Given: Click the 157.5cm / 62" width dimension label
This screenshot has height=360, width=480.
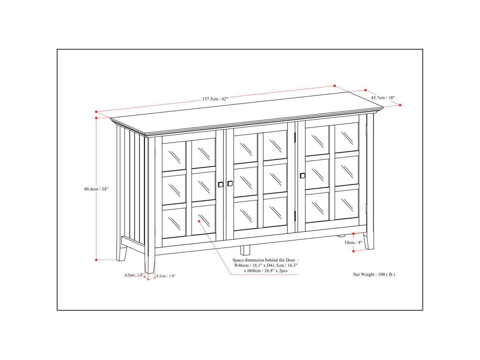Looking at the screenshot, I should tap(215, 98).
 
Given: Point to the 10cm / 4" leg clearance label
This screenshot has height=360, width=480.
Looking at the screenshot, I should tap(353, 242).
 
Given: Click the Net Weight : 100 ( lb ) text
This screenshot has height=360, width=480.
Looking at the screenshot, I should tap(374, 274).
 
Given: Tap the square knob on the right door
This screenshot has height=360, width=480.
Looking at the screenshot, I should tap(302, 175).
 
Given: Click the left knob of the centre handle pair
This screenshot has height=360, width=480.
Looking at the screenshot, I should tap(221, 184).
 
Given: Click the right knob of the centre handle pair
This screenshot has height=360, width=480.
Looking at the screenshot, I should tap(230, 184).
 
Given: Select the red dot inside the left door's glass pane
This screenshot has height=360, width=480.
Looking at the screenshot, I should tap(199, 220).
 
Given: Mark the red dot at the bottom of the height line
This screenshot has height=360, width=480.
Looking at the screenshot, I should tap(96, 260).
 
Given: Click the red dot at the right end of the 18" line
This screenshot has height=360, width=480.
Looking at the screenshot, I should tap(400, 105).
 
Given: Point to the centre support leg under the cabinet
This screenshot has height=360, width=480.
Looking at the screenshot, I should tap(245, 250).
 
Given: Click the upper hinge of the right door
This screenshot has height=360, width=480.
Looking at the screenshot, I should tap(295, 137).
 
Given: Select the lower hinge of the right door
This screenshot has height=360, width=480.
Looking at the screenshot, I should tap(295, 215).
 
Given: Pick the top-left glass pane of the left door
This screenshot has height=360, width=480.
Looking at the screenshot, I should tap(174, 156).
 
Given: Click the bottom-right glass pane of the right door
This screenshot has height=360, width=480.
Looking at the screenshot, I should tap(346, 204).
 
